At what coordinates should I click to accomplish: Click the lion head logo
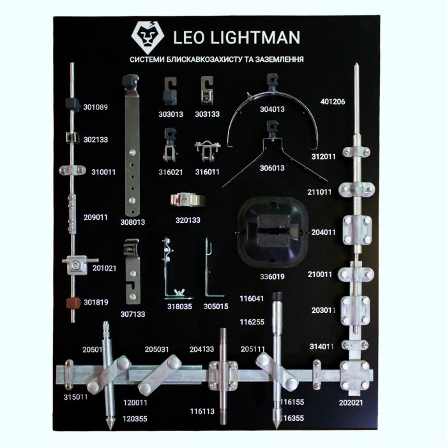148,36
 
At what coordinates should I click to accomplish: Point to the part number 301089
96,107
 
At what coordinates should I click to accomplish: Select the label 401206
333,102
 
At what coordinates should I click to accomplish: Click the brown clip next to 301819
73,302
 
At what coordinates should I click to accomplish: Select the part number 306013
272,169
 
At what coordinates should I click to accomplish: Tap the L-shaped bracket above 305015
211,269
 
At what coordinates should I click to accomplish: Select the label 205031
156,349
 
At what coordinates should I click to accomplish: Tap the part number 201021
104,268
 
